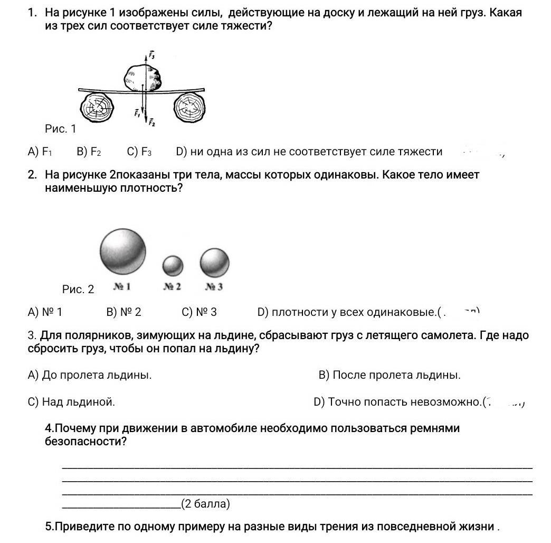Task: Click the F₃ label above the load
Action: pos(151,54)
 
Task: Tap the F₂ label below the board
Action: pos(151,123)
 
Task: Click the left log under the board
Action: pos(97,108)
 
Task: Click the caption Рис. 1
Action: pos(61,128)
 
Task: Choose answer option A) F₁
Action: pos(40,152)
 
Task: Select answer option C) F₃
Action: pos(139,152)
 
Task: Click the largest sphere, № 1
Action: pos(123,250)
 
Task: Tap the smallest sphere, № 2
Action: pos(173,265)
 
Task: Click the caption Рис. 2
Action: pos(78,289)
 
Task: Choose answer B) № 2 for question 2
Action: pos(124,312)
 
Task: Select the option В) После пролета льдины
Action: pos(389,376)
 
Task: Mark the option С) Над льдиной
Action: pos(71,402)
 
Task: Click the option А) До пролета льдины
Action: pos(90,376)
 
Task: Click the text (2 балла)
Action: pos(205,504)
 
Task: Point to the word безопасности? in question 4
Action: pos(86,442)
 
